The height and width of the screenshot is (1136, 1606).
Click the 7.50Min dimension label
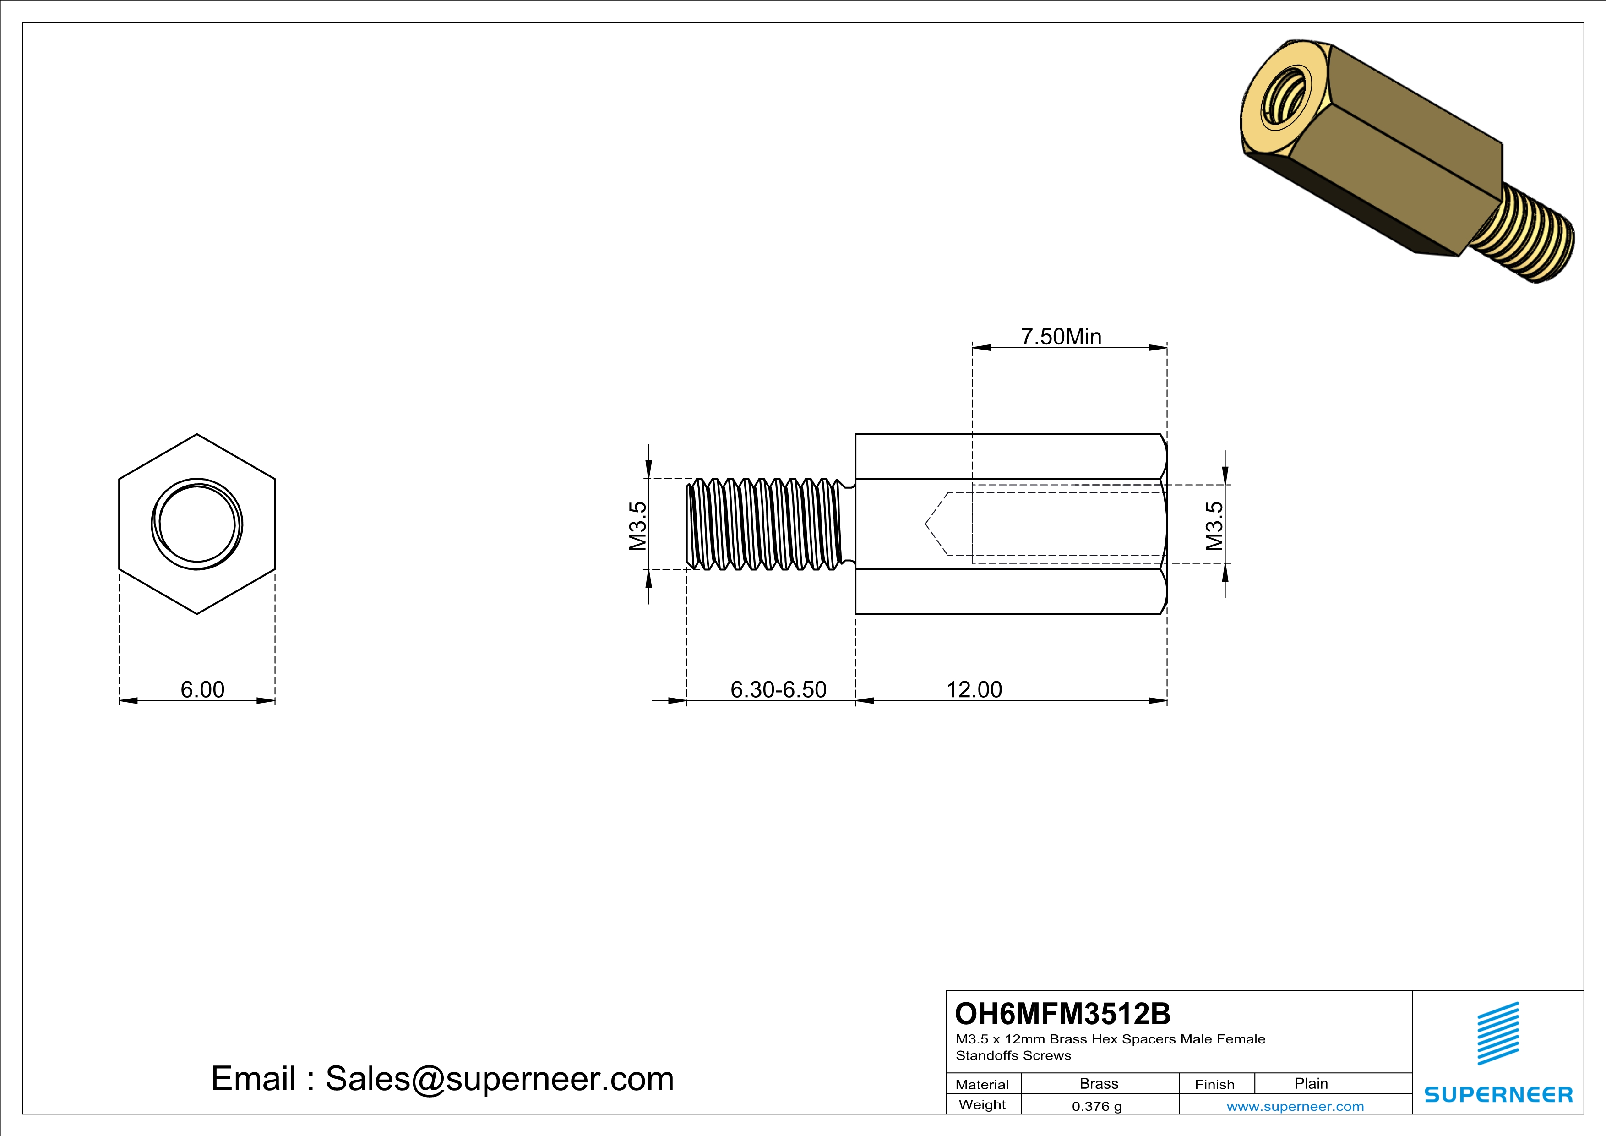1061,337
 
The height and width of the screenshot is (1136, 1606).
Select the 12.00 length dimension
974,690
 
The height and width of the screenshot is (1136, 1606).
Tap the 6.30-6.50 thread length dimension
778,690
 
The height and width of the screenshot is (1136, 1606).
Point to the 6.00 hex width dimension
202,690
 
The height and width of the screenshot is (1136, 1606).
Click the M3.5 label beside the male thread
637,526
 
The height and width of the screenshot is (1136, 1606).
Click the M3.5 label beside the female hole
1214,526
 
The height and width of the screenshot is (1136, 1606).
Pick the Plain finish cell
1310,1083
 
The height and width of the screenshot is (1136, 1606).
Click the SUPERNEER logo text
1497,1095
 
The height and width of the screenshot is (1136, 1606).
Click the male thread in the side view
766,524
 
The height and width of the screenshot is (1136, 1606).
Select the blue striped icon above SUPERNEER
1497,1033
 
